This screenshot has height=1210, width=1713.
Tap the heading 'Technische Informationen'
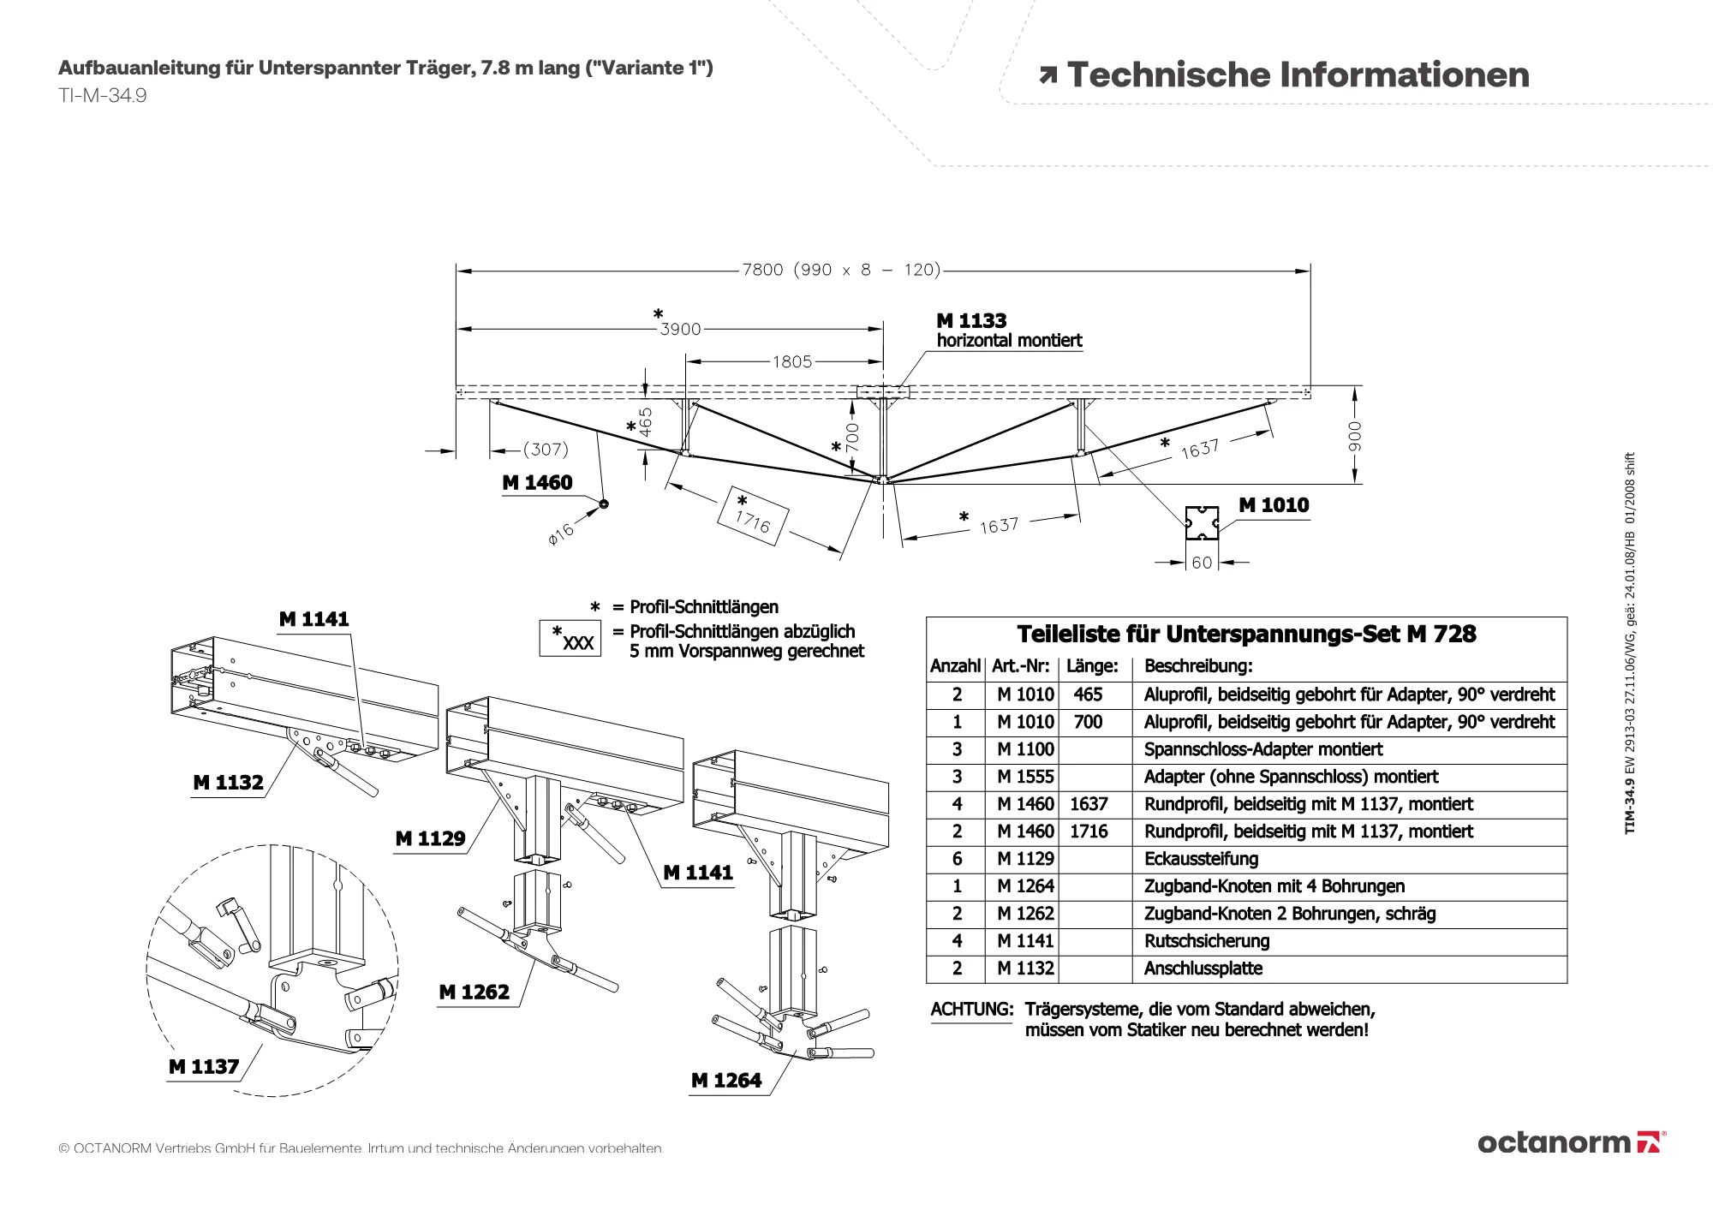(1298, 75)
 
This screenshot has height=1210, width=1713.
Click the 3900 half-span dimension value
(680, 329)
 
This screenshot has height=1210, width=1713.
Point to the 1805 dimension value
(791, 361)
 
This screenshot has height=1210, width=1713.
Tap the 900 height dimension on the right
(1354, 435)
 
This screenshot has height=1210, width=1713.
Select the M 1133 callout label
(971, 321)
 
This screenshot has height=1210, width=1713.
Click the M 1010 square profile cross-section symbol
(1202, 522)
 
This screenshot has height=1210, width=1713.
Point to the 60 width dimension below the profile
(1202, 563)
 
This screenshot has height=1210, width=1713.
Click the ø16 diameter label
(561, 534)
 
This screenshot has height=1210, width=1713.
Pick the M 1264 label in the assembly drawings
(726, 1081)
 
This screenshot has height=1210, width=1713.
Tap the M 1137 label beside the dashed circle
(204, 1066)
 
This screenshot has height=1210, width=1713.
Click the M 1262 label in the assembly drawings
(474, 992)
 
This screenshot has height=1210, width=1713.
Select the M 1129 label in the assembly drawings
(430, 838)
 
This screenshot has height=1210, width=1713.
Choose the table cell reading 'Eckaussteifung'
(1201, 859)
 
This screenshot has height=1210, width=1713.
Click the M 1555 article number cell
(1025, 777)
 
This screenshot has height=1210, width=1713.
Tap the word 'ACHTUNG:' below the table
(971, 1010)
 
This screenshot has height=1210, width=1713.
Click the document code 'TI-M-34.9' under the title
(102, 96)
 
